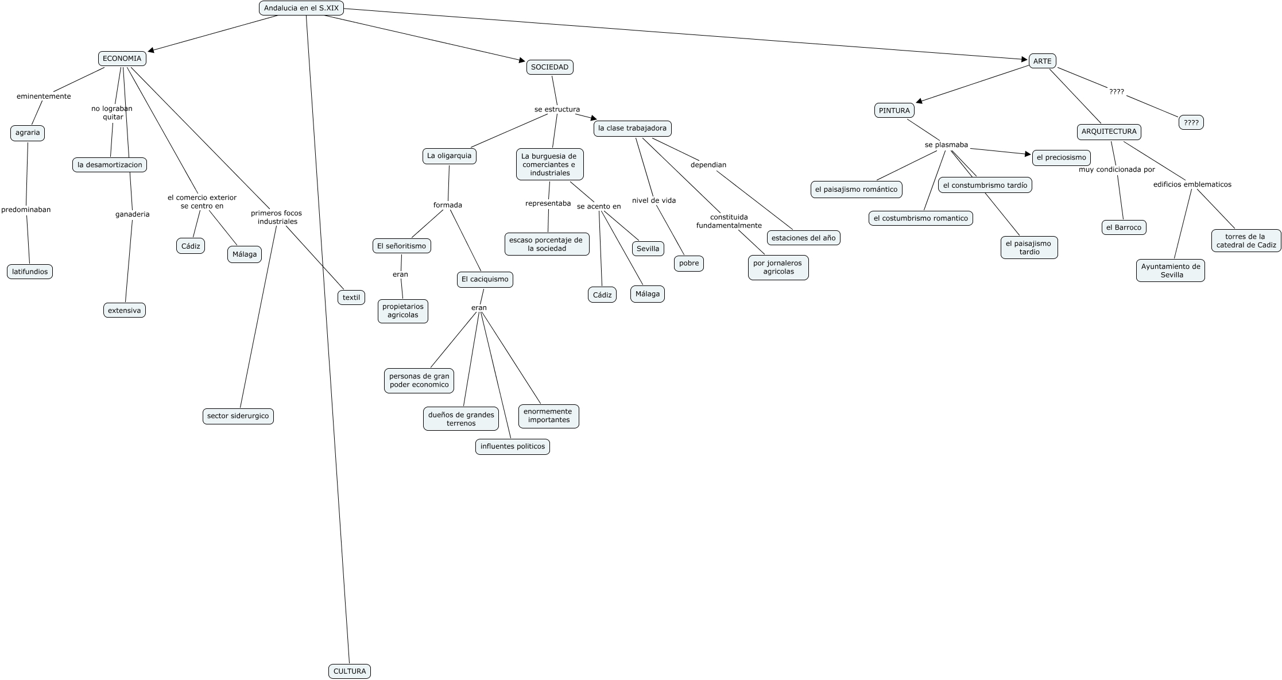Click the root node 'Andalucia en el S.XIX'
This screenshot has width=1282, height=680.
[x=301, y=8]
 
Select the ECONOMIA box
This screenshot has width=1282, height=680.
[x=122, y=59]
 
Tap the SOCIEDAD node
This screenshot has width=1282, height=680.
[x=549, y=67]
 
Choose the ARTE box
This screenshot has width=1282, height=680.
[x=1042, y=61]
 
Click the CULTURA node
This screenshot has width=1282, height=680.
[x=350, y=671]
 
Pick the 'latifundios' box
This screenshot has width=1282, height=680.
[x=30, y=272]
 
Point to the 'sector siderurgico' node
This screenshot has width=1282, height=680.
[x=238, y=416]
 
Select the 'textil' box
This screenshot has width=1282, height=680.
[x=351, y=297]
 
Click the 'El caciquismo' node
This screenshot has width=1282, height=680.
[x=485, y=280]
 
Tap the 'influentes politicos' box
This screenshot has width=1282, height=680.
[x=512, y=446]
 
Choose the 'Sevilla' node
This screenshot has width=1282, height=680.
[x=648, y=249]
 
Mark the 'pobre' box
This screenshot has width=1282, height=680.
[x=688, y=264]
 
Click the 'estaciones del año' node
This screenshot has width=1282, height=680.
[x=803, y=238]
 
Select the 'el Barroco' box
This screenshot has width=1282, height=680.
[x=1124, y=227]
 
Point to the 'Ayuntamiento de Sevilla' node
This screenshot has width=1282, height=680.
[x=1170, y=271]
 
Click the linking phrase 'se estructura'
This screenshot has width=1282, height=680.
[x=557, y=110]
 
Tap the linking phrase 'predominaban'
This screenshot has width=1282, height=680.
[x=26, y=210]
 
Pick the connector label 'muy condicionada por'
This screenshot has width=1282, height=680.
[x=1116, y=170]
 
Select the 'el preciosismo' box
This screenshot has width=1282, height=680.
[x=1061, y=157]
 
